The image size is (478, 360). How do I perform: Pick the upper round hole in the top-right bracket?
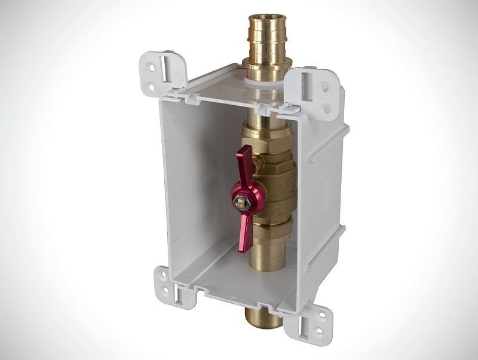click(324, 87)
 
